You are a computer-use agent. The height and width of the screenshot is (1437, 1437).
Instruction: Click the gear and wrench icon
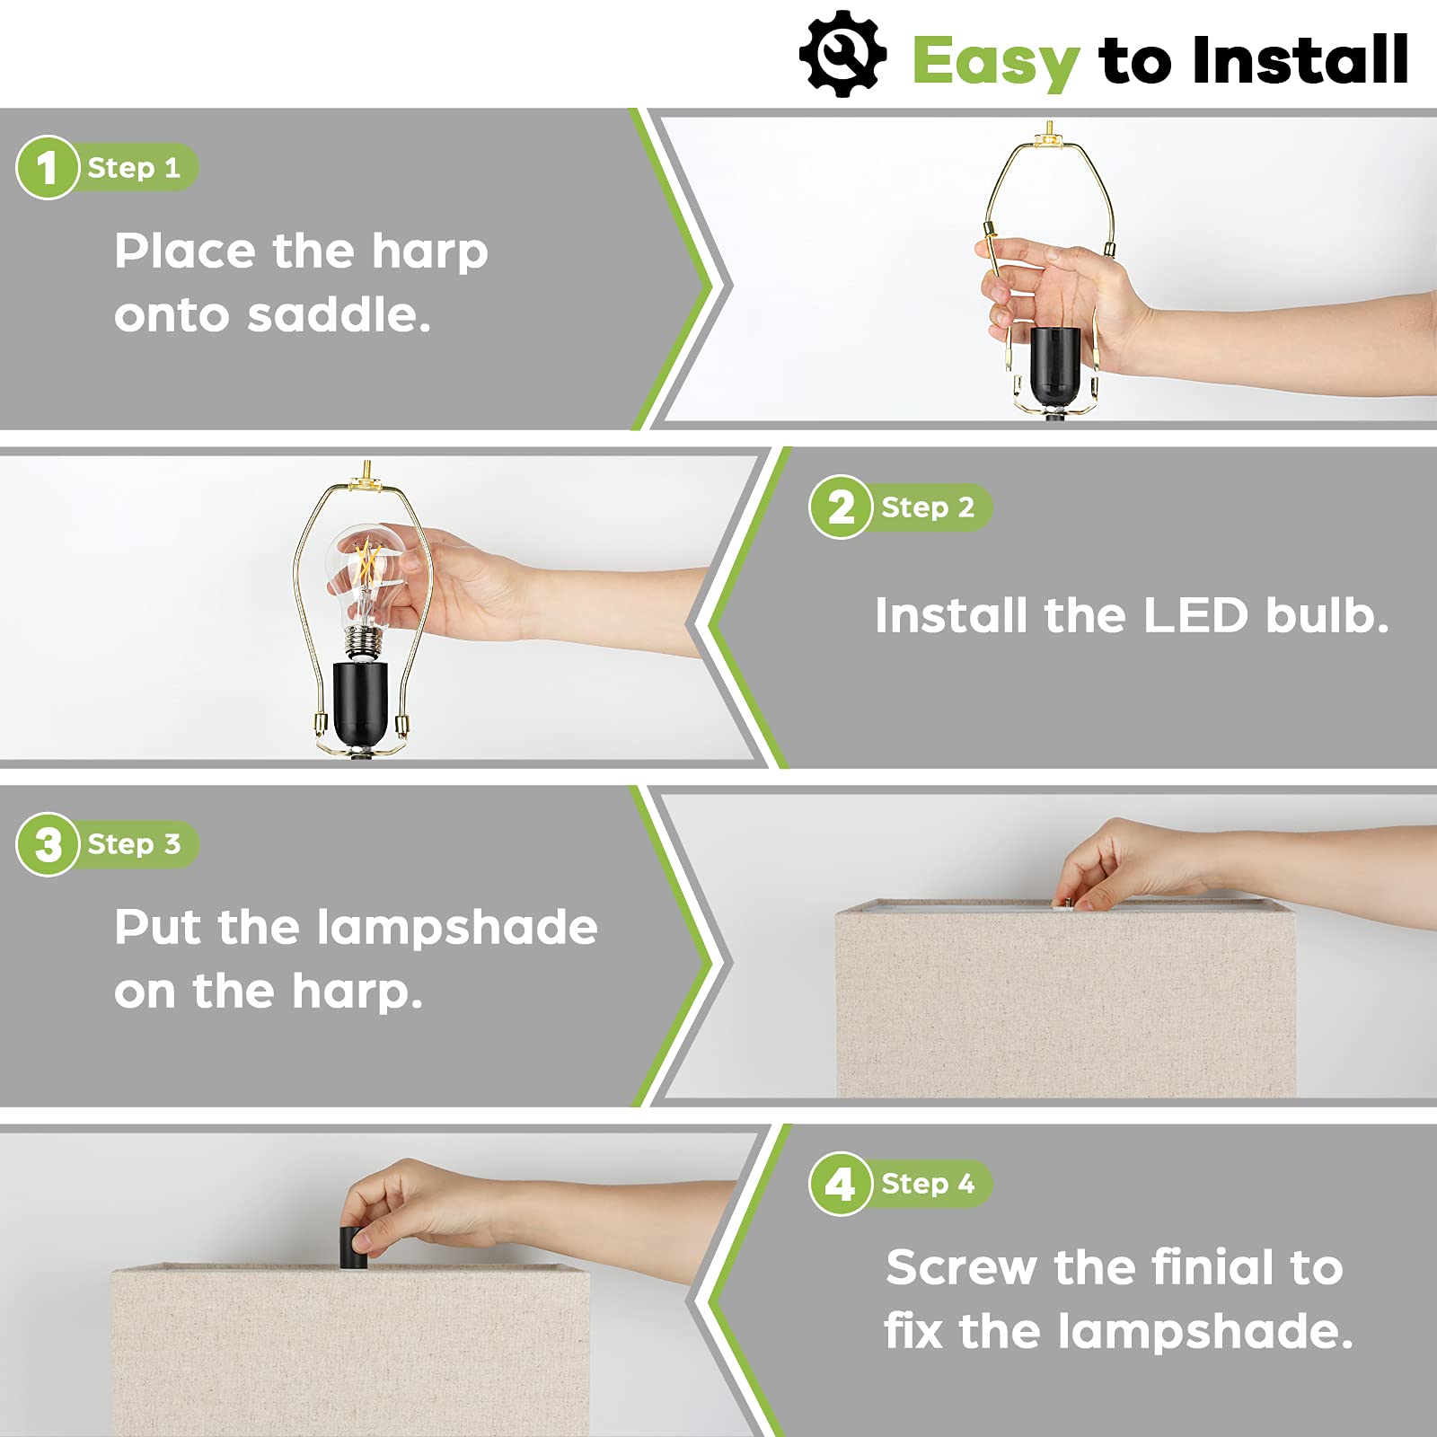pos(842,54)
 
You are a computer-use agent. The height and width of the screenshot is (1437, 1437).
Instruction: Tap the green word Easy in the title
pos(995,62)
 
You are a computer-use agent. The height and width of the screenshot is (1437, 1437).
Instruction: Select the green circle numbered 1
pos(48,167)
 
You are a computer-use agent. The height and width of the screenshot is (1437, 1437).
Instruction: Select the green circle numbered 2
pos(841,507)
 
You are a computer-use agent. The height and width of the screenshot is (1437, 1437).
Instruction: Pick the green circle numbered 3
pos(48,844)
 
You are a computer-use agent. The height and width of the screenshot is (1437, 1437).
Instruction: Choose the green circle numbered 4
pos(841,1184)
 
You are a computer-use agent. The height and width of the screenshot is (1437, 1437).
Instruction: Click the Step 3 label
pos(134,844)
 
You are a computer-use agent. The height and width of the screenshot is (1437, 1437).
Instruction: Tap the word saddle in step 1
pos(339,314)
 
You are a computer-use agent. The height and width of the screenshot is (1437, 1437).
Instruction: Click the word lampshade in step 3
pos(457,927)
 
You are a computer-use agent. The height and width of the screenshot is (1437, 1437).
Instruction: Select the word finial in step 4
pos(1210,1266)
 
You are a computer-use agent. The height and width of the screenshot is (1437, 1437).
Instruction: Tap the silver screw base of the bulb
pos(363,643)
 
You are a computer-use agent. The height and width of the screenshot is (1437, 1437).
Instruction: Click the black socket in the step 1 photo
pos(1054,367)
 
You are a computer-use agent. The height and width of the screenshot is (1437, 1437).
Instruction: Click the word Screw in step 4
pos(962,1267)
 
